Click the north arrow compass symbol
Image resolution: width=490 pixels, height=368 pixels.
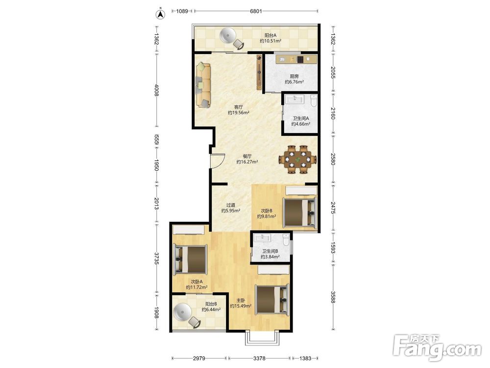pos(160,14)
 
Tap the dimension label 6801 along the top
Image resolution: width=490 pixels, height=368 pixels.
pos(256,11)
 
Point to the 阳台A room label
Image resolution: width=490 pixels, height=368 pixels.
pos(270,35)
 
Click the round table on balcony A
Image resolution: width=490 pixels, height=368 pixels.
pos(227,35)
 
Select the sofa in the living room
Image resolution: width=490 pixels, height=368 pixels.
pos(203,85)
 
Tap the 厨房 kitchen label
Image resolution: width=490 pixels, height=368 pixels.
pos(294,76)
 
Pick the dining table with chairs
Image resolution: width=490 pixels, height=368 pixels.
pos(298,159)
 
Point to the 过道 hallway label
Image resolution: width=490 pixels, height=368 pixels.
pos(231,205)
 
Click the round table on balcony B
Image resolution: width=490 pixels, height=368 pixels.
pos(183,312)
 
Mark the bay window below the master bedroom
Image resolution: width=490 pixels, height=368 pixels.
pos(262,338)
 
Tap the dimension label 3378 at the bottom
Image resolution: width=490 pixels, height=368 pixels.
pos(259,358)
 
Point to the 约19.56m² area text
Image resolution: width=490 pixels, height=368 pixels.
pos(238,113)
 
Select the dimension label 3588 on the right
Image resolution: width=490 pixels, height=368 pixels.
pos(333,297)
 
